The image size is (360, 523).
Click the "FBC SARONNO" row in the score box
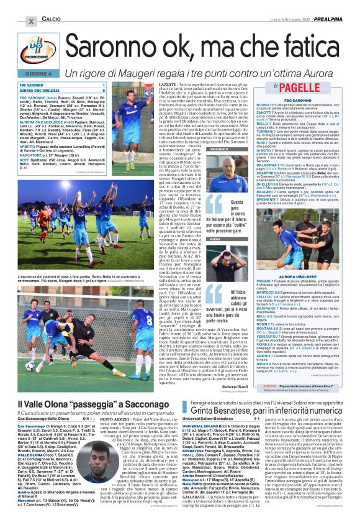[x=62, y=84]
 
